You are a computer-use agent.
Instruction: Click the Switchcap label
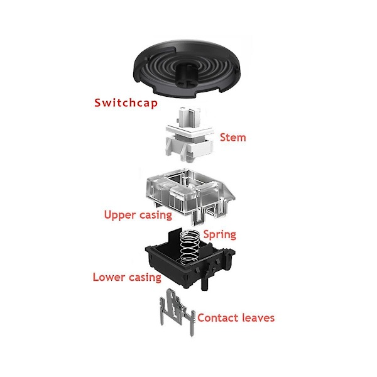pos(126,102)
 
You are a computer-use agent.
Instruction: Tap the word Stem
pos(233,138)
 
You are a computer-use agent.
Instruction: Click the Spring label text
pos(220,234)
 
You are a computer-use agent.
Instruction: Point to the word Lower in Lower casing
pos(109,277)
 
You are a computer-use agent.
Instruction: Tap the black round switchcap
pos(187,68)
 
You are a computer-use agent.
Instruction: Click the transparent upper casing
pos(190,195)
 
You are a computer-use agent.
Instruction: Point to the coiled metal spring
pos(190,246)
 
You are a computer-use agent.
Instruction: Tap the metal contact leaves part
pos(177,312)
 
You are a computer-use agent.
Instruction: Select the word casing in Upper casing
pos(156,216)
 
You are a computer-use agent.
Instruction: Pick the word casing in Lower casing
pos(145,278)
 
